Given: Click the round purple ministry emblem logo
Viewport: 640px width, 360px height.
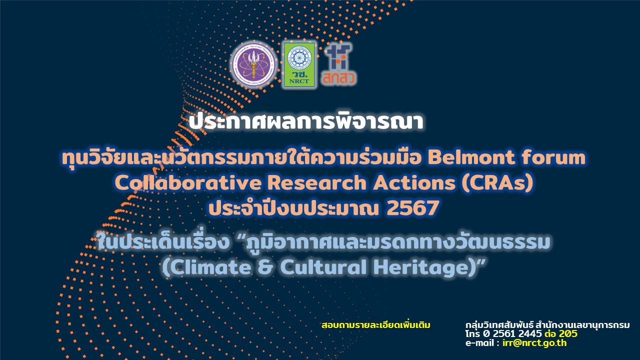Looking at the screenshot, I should tap(253, 64).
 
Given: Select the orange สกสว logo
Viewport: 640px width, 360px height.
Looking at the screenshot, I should tap(339, 64).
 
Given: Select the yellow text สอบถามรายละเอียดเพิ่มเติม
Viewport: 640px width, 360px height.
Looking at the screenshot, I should tap(375, 325).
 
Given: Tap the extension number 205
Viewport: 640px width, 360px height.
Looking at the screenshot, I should tap(568, 334).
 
